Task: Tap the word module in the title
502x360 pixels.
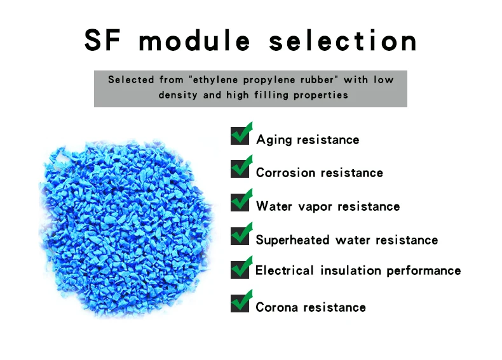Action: pos(194,41)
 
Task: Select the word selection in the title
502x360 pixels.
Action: pos(343,41)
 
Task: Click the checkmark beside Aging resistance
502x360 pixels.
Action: pos(241,135)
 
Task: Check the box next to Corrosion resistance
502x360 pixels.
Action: pos(241,168)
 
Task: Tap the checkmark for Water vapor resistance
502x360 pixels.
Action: pos(241,201)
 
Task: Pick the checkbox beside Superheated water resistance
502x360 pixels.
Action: pos(241,235)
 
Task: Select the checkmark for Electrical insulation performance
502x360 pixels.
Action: pos(241,268)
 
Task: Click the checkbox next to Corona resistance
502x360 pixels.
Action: pos(241,302)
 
